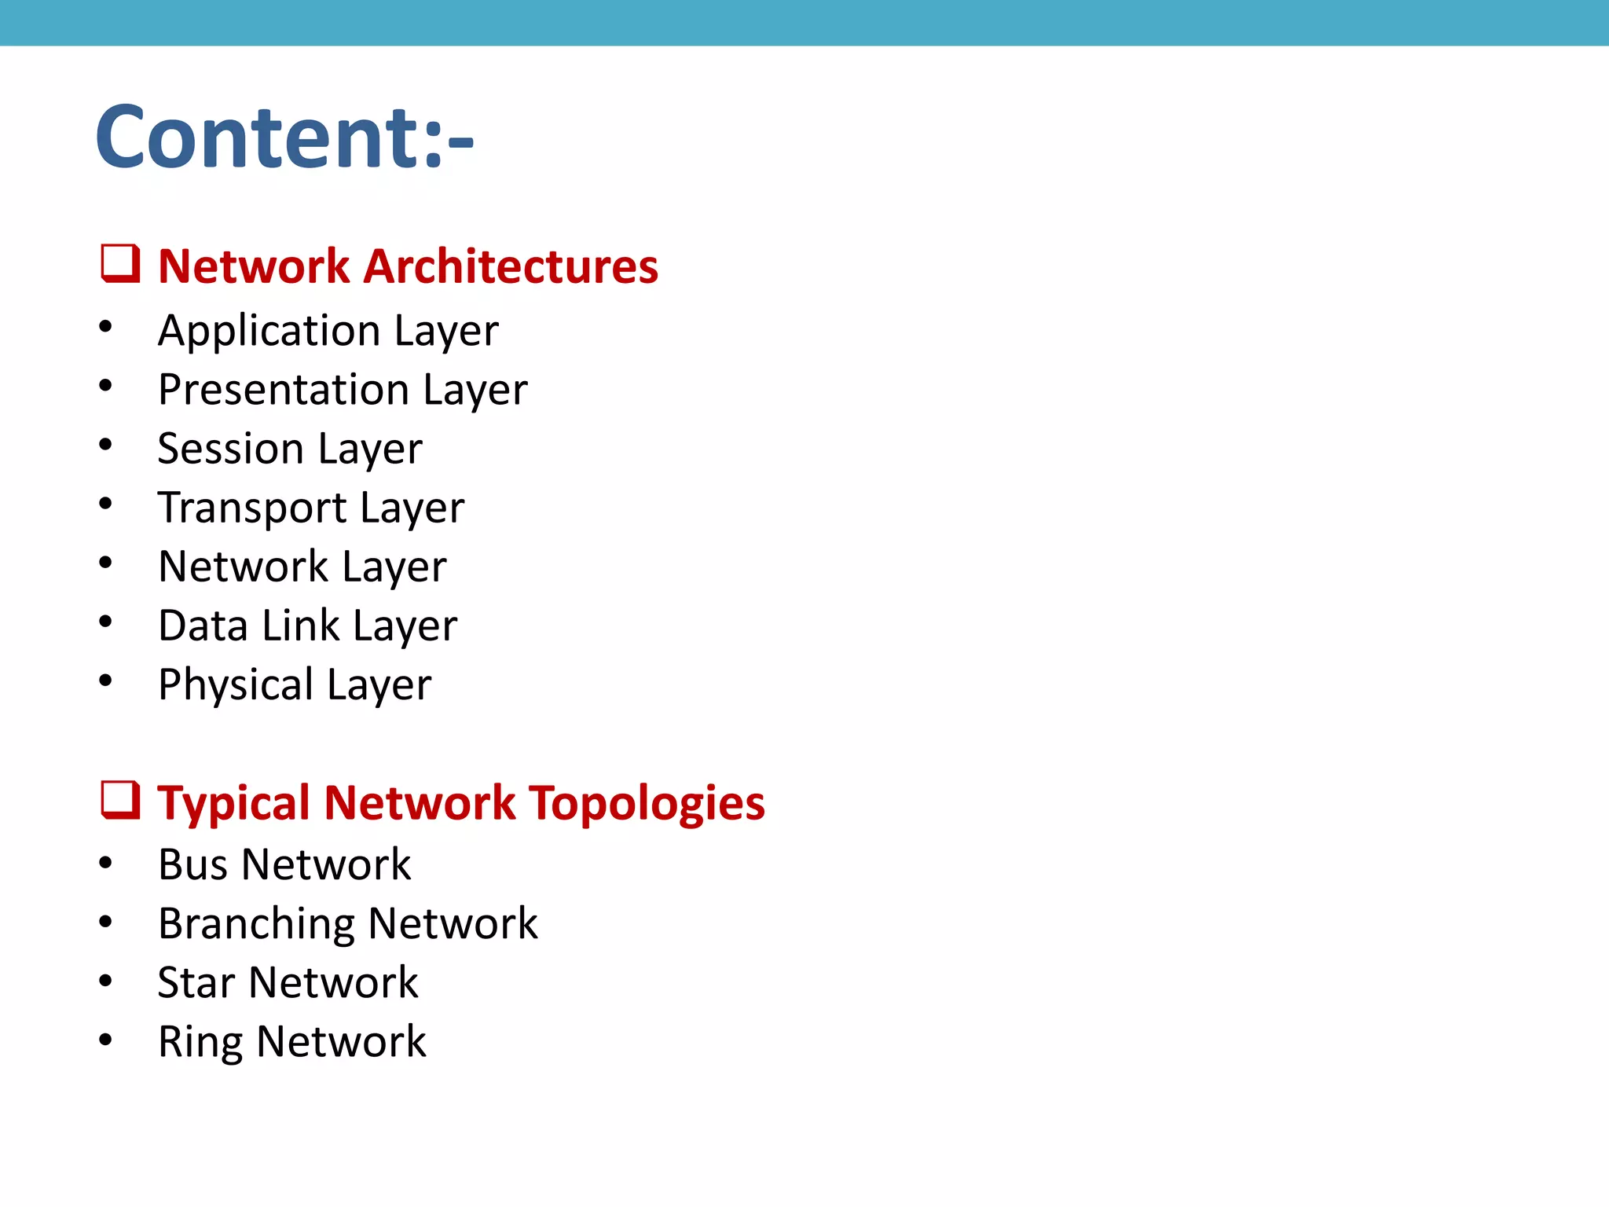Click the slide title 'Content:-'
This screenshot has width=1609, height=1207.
click(x=284, y=138)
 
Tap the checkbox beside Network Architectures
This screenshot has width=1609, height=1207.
click(x=120, y=263)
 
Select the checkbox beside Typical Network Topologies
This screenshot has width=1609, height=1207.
click(x=120, y=800)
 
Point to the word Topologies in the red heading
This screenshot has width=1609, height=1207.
click(x=647, y=804)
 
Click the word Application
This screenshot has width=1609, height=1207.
click(x=269, y=331)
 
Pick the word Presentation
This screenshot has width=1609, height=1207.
click(x=284, y=390)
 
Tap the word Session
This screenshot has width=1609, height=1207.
click(x=230, y=449)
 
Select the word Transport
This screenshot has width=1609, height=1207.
click(x=251, y=508)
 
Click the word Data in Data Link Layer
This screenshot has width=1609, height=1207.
click(x=203, y=626)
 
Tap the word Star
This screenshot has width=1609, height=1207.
click(x=196, y=983)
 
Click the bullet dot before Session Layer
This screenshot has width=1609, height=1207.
click(x=105, y=445)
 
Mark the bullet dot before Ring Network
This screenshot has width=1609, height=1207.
click(x=105, y=1040)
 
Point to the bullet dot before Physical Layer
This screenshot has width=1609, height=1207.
click(x=105, y=681)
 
